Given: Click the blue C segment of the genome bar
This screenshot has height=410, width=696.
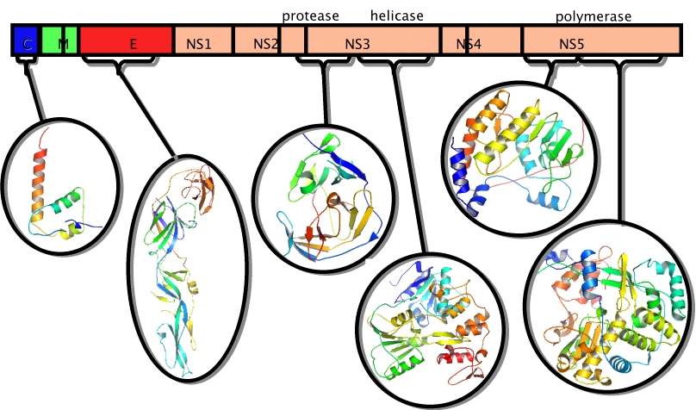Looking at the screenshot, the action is (x=26, y=40).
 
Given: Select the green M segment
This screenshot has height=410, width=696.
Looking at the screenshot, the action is (x=59, y=40).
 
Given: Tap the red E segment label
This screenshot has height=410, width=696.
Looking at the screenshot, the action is (x=134, y=44).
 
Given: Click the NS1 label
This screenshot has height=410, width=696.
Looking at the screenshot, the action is (x=198, y=44).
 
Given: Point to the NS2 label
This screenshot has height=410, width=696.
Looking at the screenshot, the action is (x=265, y=44).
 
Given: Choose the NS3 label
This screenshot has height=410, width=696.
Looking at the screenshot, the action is (x=357, y=44).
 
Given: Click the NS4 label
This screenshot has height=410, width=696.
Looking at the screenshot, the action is (x=469, y=44).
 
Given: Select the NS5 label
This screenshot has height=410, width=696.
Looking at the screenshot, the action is (x=571, y=44).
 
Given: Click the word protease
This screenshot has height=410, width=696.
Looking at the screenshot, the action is (x=310, y=16).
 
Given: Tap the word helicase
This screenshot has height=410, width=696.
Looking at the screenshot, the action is (x=397, y=16).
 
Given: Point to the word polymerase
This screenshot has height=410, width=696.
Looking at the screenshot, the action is (x=593, y=17).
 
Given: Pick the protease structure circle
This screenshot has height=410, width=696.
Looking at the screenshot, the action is (x=325, y=197).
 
